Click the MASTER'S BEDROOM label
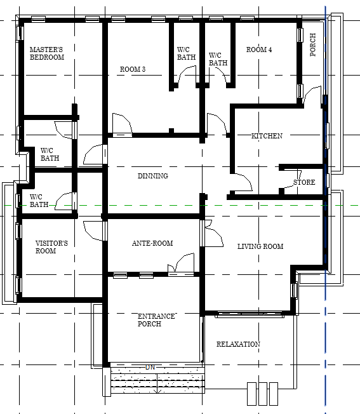click(47, 53)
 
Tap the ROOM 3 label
click(133, 69)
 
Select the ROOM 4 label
click(259, 50)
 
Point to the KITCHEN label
click(267, 136)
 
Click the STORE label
click(304, 183)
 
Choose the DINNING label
click(152, 176)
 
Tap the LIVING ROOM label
click(260, 246)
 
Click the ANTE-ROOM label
click(152, 243)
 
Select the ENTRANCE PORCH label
click(150, 320)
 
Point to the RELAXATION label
click(238, 344)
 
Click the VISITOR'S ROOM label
click(51, 247)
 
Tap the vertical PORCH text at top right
click(313, 45)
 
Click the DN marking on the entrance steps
click(150, 367)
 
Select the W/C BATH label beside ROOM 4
click(218, 59)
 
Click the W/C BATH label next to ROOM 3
click(186, 53)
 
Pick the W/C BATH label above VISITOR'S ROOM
click(39, 201)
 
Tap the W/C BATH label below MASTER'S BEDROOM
click(50, 154)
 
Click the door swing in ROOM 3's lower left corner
click(121, 123)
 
